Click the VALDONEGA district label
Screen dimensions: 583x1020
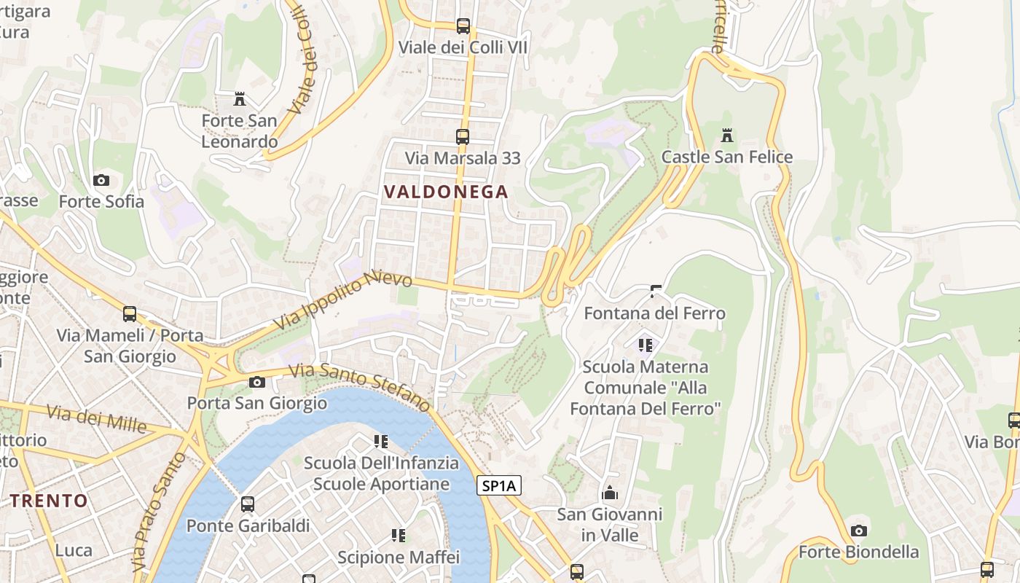coord(445,192)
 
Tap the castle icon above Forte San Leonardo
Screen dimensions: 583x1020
coord(240,98)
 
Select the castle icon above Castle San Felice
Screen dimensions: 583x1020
coord(726,135)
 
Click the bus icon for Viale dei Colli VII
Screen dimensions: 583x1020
coord(463,26)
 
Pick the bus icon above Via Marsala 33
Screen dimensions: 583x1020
coord(462,136)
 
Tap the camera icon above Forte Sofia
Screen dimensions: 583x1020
coord(101,180)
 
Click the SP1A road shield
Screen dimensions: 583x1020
coord(500,485)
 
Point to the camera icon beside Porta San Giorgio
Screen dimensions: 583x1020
coord(257,382)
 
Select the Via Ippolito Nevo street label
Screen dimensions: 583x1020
coord(343,301)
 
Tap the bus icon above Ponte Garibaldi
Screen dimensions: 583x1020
coord(248,504)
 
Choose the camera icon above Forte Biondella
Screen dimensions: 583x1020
coord(859,531)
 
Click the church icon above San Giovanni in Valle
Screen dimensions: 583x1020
coord(610,493)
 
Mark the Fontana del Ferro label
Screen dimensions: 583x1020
coord(654,313)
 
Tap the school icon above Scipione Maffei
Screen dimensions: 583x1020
coord(399,536)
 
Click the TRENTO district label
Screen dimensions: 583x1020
coord(49,501)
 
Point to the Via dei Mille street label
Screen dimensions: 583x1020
coord(96,418)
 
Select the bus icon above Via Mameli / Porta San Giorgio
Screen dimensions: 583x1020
coord(130,314)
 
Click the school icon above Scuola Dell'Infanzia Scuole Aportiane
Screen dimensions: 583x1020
coord(380,441)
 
